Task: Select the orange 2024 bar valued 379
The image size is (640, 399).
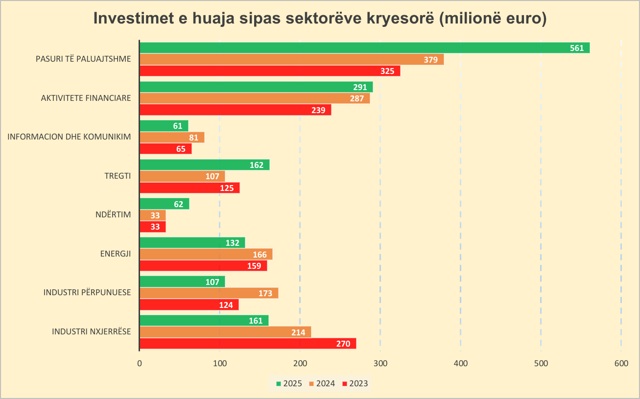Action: point(291,59)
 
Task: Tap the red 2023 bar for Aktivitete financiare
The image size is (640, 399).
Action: point(235,110)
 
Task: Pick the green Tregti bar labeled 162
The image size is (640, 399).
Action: point(204,164)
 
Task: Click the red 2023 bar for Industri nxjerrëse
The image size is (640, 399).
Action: point(247,344)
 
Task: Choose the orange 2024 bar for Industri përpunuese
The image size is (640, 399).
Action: point(209,293)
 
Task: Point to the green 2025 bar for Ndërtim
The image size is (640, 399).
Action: point(164,204)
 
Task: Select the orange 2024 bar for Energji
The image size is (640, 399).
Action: point(206,254)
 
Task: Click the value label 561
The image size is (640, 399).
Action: point(577,47)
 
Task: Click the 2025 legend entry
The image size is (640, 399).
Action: point(289,383)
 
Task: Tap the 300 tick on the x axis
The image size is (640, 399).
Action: point(380,363)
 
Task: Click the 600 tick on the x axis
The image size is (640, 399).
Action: point(621,363)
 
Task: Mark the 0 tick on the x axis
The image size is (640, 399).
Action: point(140,363)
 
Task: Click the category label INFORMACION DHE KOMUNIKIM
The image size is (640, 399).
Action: point(69,137)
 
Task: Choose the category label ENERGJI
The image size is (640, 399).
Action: point(115,253)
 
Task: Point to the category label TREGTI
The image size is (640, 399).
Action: point(118,175)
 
